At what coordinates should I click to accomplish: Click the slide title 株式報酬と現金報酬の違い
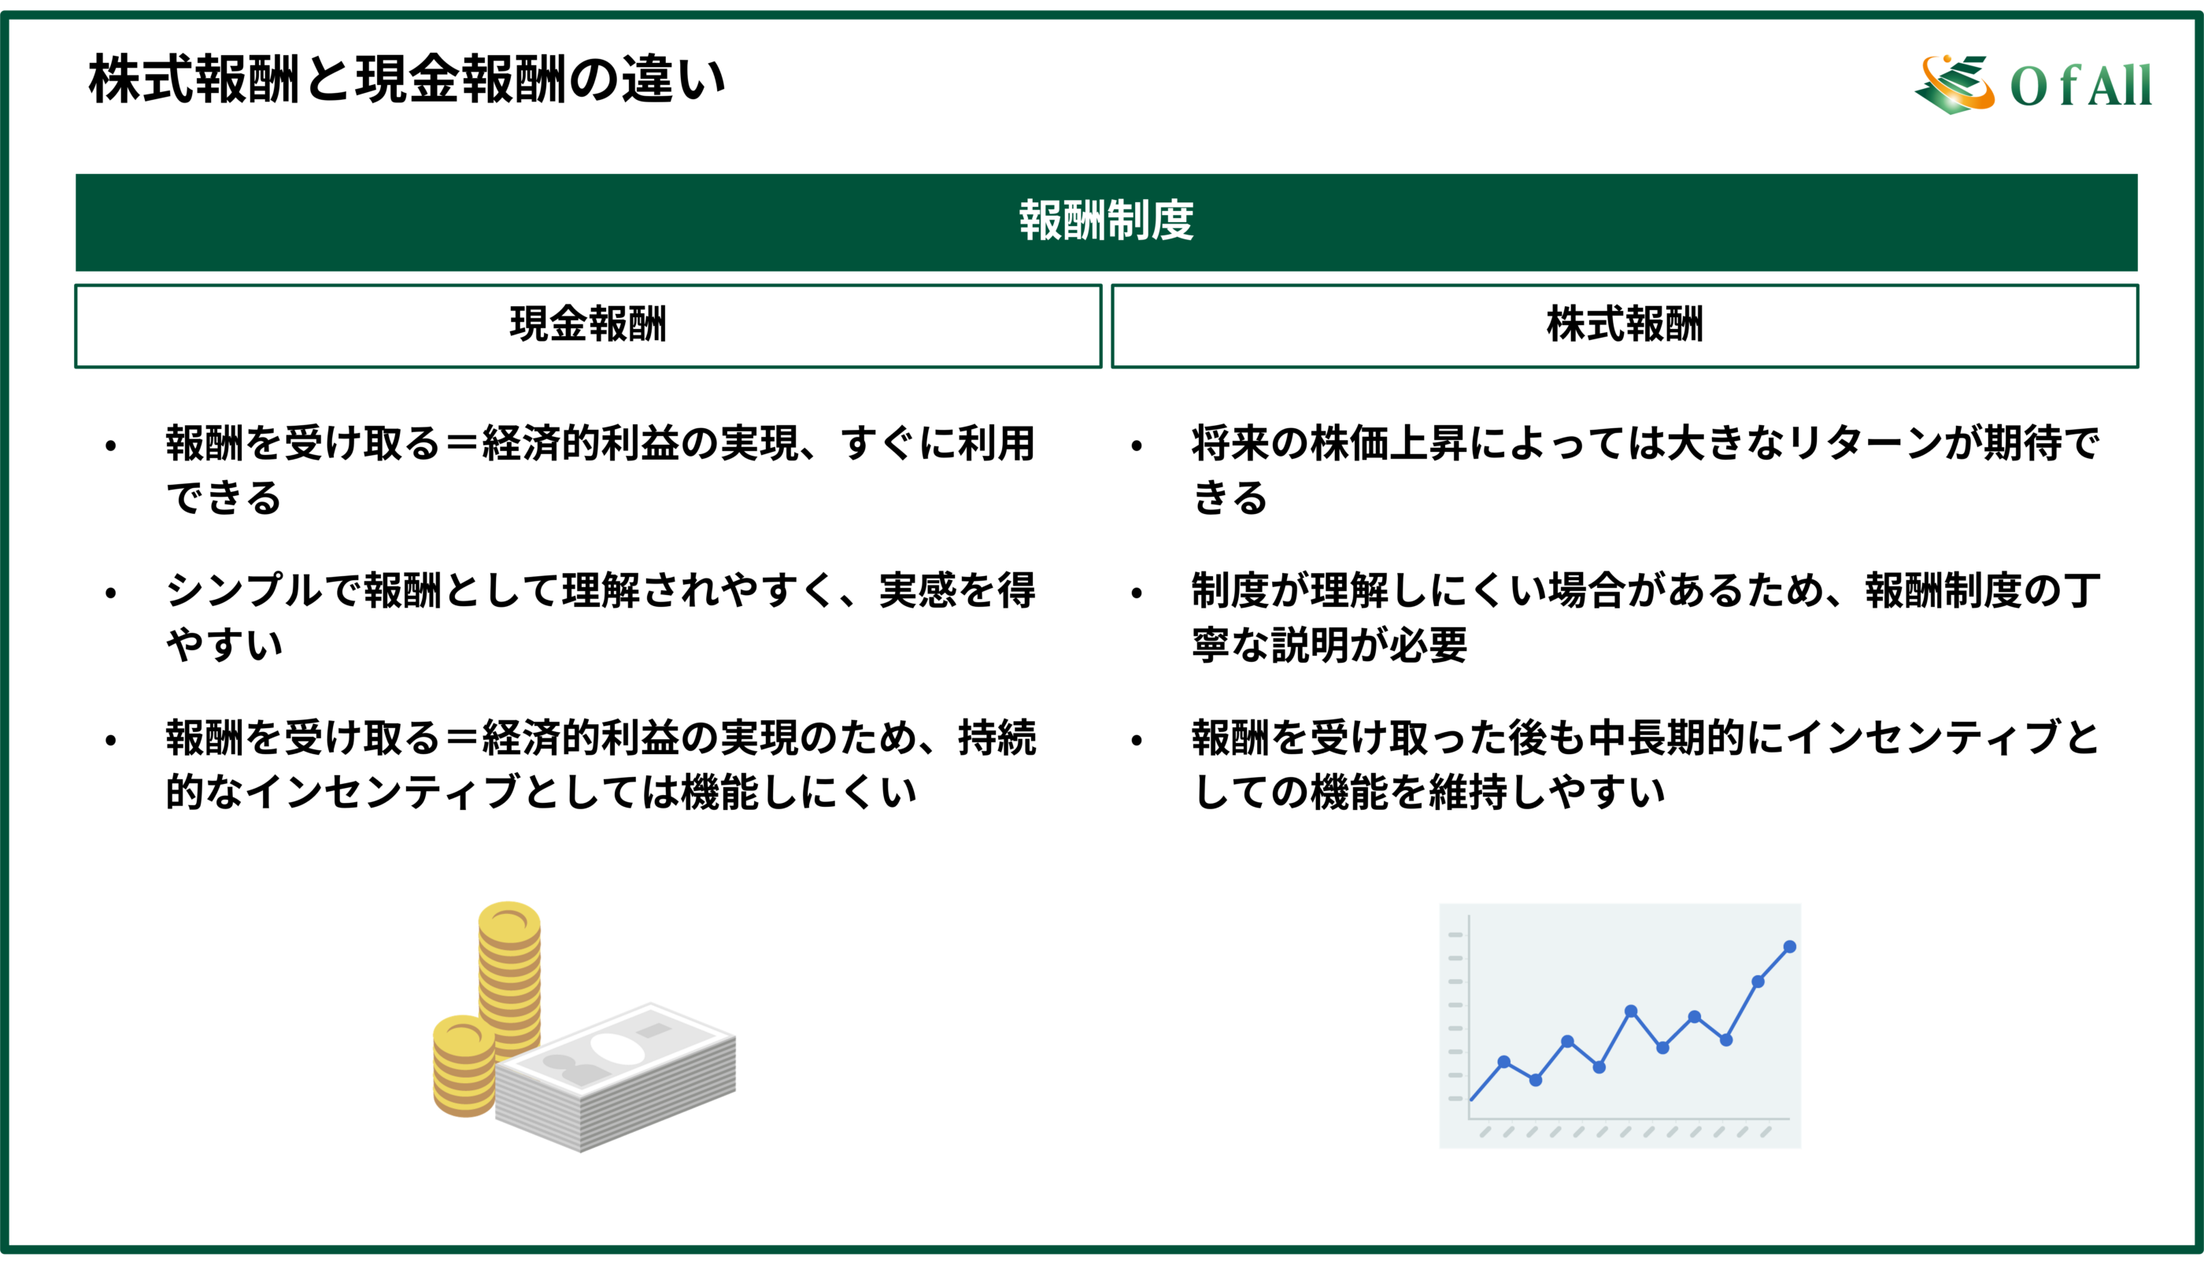pyautogui.click(x=407, y=79)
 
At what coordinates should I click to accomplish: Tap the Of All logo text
pyautogui.click(x=2080, y=86)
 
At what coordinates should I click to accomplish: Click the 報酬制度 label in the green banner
pyautogui.click(x=1106, y=221)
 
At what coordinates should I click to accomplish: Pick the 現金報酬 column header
pyautogui.click(x=588, y=325)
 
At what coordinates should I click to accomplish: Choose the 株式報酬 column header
pyautogui.click(x=1625, y=325)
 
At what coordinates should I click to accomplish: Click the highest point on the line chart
pyautogui.click(x=1790, y=947)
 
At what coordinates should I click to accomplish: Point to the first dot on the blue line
pyautogui.click(x=1503, y=1062)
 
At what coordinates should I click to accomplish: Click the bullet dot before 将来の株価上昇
pyautogui.click(x=1137, y=447)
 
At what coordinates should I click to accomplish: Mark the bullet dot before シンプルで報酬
pyautogui.click(x=111, y=594)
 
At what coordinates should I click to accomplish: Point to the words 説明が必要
pyautogui.click(x=1368, y=645)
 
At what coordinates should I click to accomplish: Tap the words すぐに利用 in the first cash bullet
pyautogui.click(x=939, y=443)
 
